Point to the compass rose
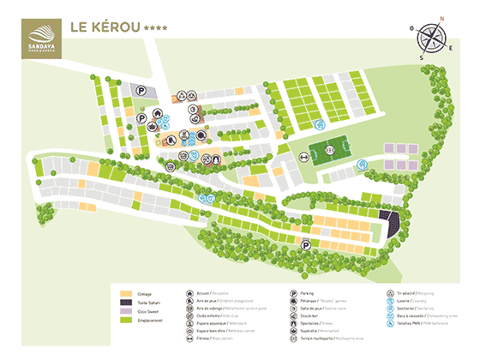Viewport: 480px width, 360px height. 430,39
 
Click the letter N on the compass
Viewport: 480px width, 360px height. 442,18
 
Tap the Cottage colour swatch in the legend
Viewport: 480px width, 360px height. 125,293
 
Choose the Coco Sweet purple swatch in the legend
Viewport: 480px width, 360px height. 125,312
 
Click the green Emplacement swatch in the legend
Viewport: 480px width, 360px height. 125,321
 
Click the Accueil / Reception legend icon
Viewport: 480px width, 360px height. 189,293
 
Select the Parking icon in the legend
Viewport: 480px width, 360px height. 292,293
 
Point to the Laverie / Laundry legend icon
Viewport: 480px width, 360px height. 389,302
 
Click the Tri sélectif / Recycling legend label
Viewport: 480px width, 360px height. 419,293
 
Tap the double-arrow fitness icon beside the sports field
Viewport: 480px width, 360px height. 304,156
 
